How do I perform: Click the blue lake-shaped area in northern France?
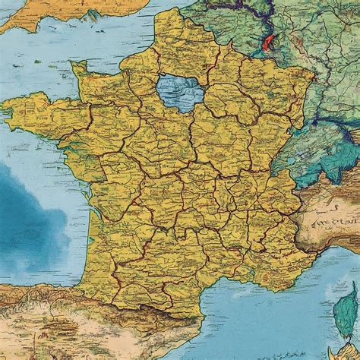coord(175,90)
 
